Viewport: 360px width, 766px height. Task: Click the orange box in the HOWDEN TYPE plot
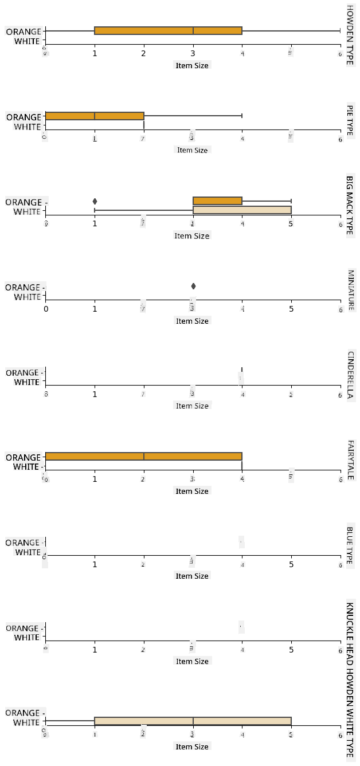coord(168,30)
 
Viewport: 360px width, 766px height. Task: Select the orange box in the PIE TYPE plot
coord(94,116)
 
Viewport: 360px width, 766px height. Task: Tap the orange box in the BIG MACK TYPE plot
coord(217,201)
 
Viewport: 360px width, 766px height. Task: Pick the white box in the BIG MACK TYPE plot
coord(242,210)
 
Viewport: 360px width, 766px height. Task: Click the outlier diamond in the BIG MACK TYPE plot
coord(95,201)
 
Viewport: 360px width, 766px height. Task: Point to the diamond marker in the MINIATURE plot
coord(193,286)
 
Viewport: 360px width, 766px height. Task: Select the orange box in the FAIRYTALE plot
coord(143,456)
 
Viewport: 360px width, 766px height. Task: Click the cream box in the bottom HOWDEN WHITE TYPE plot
coord(193,721)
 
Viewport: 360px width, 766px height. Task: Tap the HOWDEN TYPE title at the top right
coord(350,34)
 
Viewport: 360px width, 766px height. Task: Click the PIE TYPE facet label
coord(350,120)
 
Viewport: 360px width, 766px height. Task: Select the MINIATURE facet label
coord(350,290)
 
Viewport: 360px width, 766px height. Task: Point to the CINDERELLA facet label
coord(350,375)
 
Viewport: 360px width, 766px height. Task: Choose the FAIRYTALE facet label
coord(350,459)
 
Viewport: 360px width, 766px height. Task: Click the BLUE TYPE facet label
coord(350,545)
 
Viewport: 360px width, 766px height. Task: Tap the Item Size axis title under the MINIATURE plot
coord(193,321)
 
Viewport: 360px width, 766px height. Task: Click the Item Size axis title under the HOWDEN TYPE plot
coord(193,65)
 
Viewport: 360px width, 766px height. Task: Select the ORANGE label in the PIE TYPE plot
coord(24,117)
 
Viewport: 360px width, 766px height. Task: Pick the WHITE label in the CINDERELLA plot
coord(27,382)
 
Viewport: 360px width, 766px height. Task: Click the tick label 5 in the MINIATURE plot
coord(291,309)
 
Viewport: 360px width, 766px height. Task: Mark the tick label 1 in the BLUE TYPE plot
coord(95,564)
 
